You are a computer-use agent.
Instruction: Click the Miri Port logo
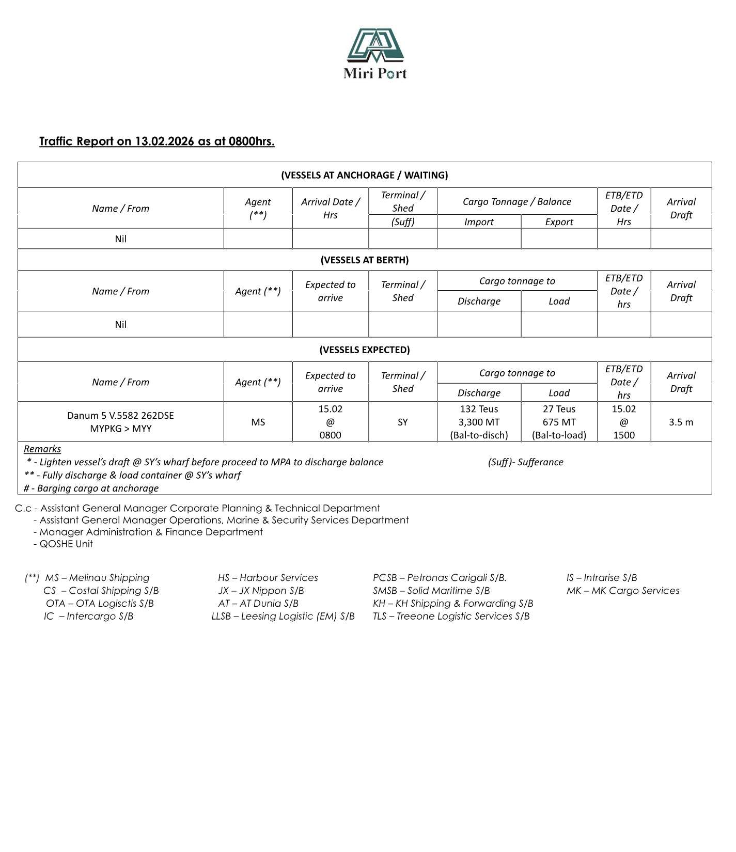[x=375, y=54]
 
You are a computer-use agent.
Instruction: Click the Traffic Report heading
[x=156, y=141]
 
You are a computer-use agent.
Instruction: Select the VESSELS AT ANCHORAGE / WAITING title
[x=364, y=175]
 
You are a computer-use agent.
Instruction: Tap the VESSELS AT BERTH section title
[x=364, y=260]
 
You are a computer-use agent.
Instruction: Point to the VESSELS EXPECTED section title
[x=364, y=350]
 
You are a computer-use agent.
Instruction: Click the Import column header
[x=479, y=222]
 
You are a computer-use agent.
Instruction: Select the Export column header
[x=559, y=222]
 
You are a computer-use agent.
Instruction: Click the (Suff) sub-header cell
[x=402, y=222]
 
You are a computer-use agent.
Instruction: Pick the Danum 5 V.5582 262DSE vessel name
[x=120, y=416]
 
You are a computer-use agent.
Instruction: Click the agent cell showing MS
[x=258, y=422]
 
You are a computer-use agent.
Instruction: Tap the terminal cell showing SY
[x=402, y=422]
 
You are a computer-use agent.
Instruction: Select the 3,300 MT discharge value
[x=479, y=422]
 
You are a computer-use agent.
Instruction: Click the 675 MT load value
[x=559, y=422]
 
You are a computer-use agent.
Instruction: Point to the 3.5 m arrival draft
[x=681, y=422]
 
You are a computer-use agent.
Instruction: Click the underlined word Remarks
[x=42, y=449]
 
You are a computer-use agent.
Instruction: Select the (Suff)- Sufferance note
[x=525, y=462]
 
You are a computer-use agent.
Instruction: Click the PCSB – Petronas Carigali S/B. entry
[x=440, y=578]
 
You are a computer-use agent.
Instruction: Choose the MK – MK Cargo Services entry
[x=622, y=591]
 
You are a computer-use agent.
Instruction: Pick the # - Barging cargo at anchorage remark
[x=91, y=488]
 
